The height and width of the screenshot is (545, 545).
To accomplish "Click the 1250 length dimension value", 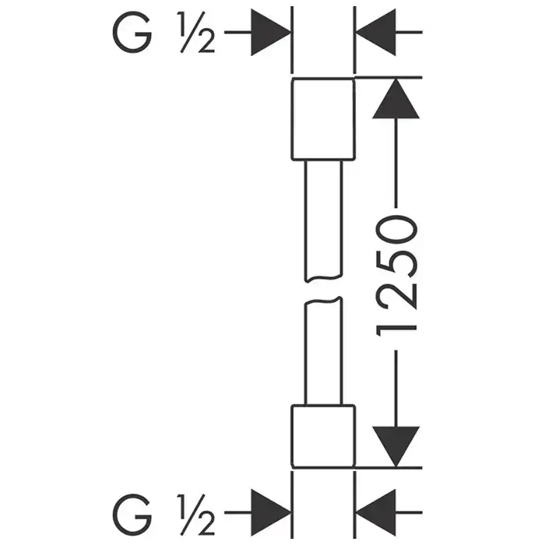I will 397,276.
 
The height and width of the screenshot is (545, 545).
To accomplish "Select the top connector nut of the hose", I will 322,121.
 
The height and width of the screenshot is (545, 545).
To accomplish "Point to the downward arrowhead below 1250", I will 396,446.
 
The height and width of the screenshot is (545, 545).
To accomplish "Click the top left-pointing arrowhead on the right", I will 374,32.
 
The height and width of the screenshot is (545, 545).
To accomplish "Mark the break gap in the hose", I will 322,290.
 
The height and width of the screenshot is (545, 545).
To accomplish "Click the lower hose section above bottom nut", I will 322,354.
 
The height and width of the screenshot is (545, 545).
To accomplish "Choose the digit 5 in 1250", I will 397,262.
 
